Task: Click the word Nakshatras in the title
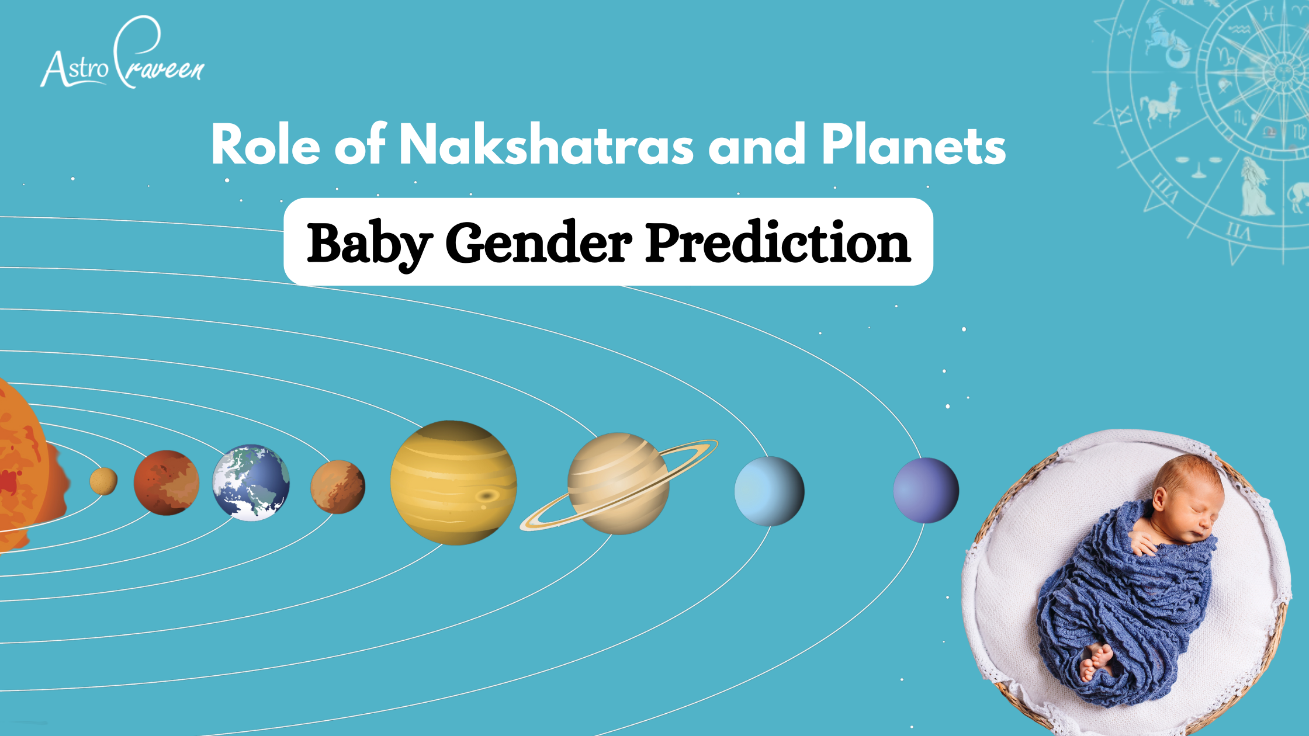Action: (x=546, y=144)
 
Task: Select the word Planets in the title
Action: (x=913, y=144)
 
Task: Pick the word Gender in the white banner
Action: (x=538, y=243)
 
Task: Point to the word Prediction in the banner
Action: (x=778, y=242)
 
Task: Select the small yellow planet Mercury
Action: (x=103, y=481)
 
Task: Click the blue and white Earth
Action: (x=251, y=482)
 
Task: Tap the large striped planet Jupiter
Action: (x=453, y=482)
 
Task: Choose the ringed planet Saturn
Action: (x=619, y=484)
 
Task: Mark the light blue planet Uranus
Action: (x=769, y=491)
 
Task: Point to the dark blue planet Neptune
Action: (x=926, y=490)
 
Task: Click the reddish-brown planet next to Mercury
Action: (x=167, y=482)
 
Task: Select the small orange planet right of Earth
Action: (x=338, y=487)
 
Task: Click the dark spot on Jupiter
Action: (x=486, y=497)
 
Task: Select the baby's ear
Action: (x=1160, y=500)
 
